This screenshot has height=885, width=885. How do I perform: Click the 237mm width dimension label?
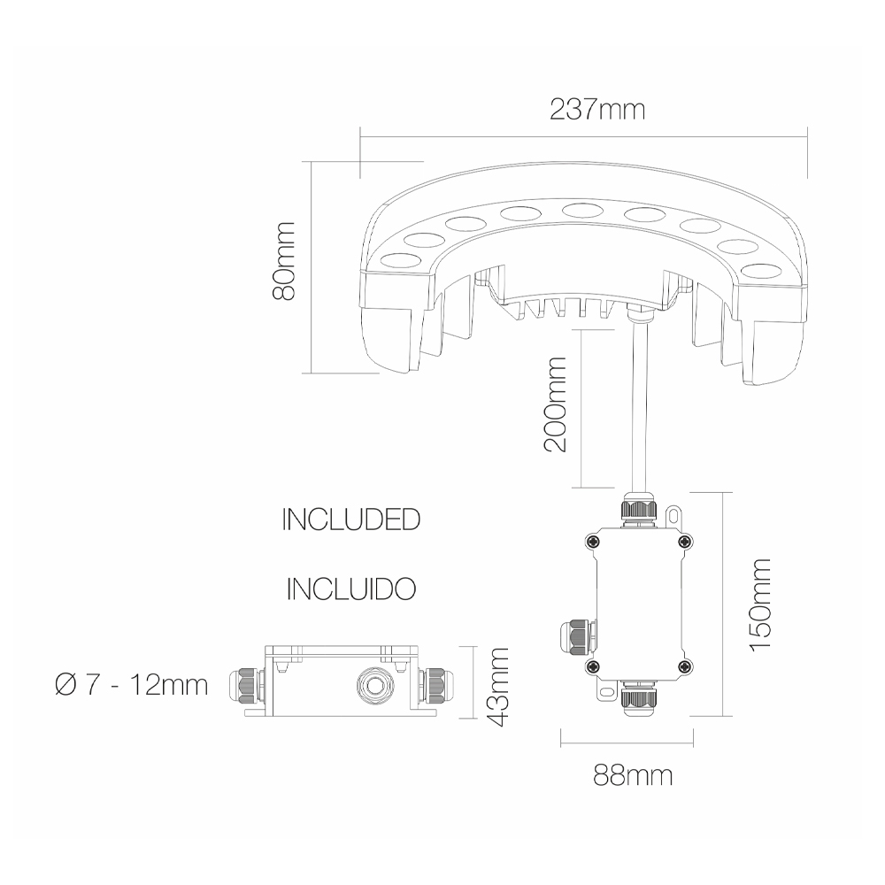click(x=597, y=110)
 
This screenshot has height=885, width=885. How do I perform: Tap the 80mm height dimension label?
click(x=284, y=261)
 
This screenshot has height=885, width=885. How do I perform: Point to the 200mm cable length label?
click(x=554, y=404)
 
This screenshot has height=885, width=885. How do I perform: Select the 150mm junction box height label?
click(x=759, y=604)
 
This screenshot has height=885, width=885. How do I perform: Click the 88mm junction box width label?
click(x=633, y=776)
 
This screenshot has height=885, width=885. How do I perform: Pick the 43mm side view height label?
click(x=497, y=687)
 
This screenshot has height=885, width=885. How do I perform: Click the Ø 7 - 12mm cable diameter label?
click(x=132, y=685)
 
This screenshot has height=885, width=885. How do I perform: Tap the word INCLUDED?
click(x=351, y=519)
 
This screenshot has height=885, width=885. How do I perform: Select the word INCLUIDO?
click(x=351, y=589)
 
